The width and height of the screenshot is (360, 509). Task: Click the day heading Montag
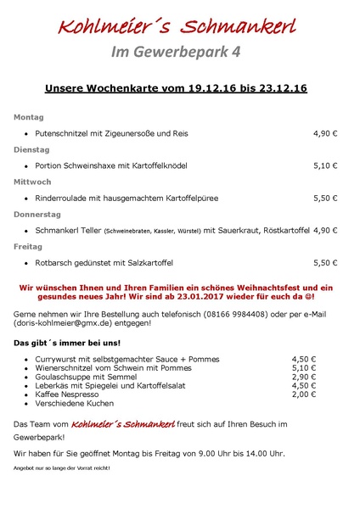[29, 117]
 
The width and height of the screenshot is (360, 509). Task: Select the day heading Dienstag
[32, 149]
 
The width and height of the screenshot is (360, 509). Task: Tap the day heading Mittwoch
[33, 182]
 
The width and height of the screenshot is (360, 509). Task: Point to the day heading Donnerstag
[37, 214]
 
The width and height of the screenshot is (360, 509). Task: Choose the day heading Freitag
[30, 246]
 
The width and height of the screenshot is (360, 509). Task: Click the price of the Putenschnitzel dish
[325, 133]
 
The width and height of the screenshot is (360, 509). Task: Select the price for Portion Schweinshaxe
[325, 165]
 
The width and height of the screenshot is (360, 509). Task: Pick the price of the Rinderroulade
[325, 198]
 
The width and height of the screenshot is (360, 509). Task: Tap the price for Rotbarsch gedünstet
[325, 262]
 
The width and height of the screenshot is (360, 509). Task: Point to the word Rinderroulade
[63, 198]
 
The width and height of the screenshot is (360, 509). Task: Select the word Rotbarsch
[55, 262]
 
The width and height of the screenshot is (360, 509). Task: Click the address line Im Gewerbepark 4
[177, 53]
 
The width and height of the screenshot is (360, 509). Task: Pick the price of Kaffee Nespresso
[303, 394]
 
